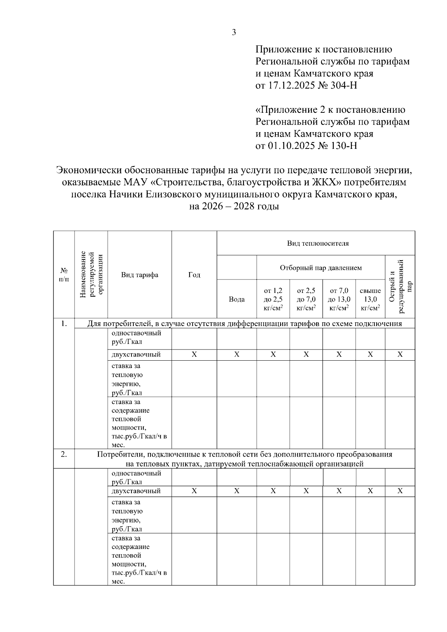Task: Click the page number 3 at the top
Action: pos(234,32)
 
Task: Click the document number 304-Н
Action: pos(344,85)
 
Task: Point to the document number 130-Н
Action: pos(344,145)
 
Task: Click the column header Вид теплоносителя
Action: pos(318,243)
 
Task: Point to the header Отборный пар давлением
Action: pos(321,268)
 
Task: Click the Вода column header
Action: pos(237,299)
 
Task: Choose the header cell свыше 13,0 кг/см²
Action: pos(370,299)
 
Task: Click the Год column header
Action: pos(194,275)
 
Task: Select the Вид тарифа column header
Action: pos(140,275)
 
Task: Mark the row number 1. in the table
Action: pos(64,323)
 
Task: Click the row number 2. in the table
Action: pos(64,454)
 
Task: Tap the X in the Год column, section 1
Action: pos(194,355)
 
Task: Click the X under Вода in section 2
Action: pos(237,491)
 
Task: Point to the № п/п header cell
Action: pos(64,275)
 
